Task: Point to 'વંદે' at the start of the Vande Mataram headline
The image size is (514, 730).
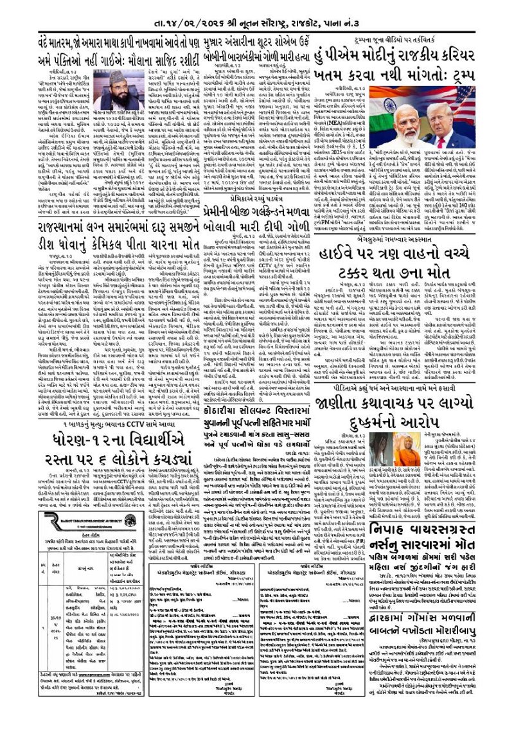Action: point(45,46)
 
